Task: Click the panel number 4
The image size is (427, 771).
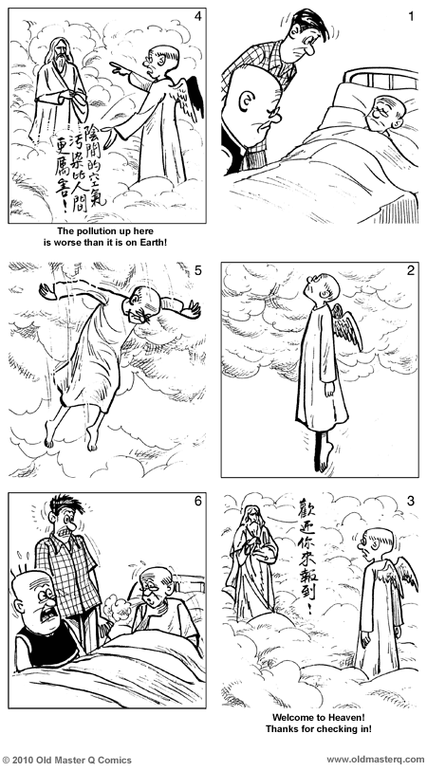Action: [x=196, y=17]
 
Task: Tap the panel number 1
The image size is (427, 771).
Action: [x=410, y=17]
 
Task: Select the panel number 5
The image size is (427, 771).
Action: [x=196, y=270]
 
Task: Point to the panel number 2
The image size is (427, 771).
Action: [x=410, y=270]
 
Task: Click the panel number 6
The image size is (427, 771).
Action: [x=196, y=501]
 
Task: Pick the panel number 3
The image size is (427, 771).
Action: [x=410, y=501]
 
